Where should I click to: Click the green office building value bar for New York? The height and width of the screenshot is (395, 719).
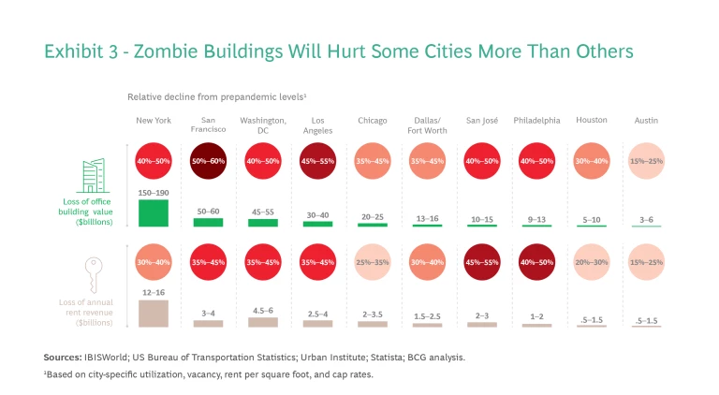point(154,212)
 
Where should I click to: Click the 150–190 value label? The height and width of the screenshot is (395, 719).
point(154,193)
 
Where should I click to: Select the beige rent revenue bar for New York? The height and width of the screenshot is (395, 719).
point(154,313)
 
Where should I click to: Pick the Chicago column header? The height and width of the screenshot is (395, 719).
point(373,121)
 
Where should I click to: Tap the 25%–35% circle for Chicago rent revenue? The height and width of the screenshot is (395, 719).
point(373,262)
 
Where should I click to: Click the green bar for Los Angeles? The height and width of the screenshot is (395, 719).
point(317,223)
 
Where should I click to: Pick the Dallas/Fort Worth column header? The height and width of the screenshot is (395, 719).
point(428,125)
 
